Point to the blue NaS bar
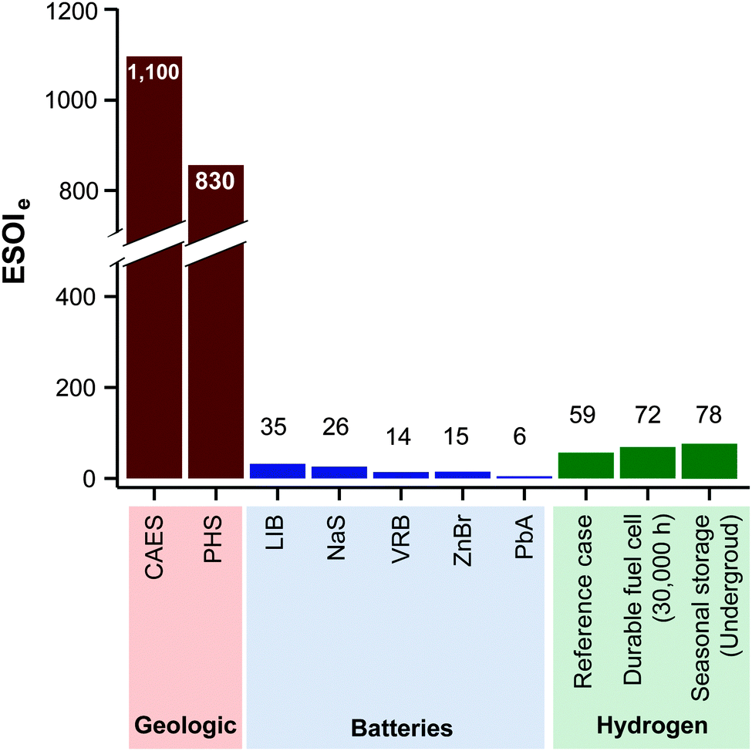[339, 473]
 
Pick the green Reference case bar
[586, 466]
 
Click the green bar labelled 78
[710, 461]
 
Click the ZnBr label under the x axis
[463, 544]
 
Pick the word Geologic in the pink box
[184, 726]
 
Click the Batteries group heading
[401, 728]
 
